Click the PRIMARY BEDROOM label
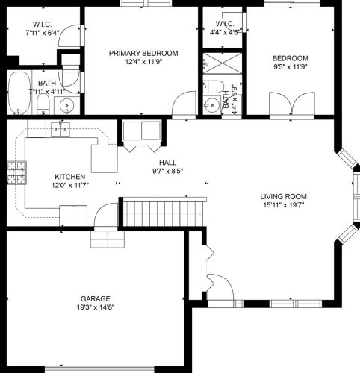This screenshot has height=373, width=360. click(143, 53)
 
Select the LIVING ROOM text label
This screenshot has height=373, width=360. click(283, 197)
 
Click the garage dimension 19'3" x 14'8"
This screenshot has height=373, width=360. click(94, 307)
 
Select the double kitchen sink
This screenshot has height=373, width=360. click(60, 131)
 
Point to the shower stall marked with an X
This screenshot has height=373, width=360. click(219, 63)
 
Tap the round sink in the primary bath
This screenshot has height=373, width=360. click(67, 104)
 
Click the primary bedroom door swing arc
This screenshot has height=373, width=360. click(181, 107)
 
